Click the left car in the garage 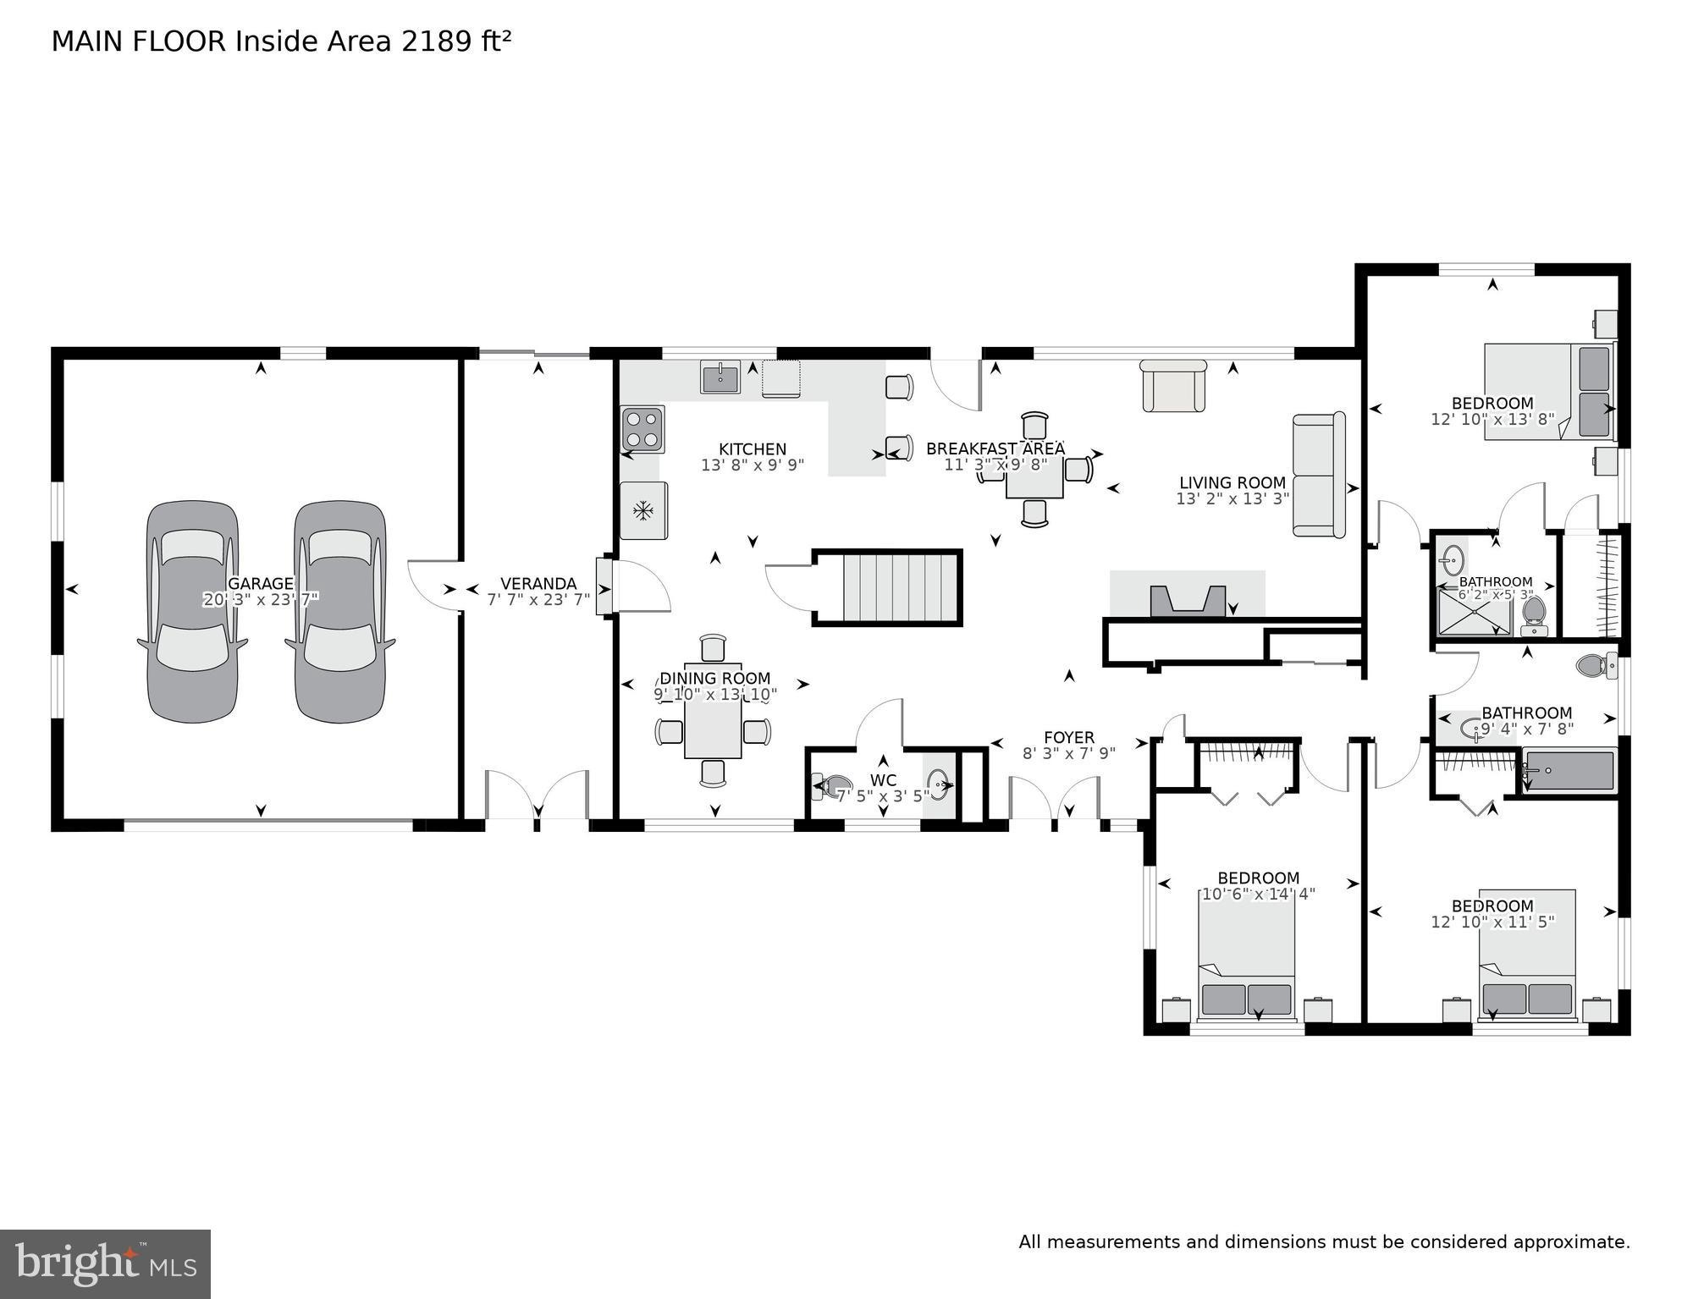[x=193, y=611]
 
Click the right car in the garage [x=340, y=611]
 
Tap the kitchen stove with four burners [x=643, y=429]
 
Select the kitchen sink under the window [x=720, y=376]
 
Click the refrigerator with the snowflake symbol [x=644, y=510]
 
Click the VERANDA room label [x=538, y=583]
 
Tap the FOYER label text [x=1068, y=737]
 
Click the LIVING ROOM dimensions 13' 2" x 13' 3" [x=1233, y=499]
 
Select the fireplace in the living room [x=1188, y=599]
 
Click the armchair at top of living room [x=1173, y=387]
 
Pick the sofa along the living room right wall [x=1318, y=475]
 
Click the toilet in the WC [x=833, y=786]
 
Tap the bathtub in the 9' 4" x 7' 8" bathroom [x=1569, y=771]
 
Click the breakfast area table [x=1034, y=481]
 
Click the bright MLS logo [x=105, y=1263]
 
